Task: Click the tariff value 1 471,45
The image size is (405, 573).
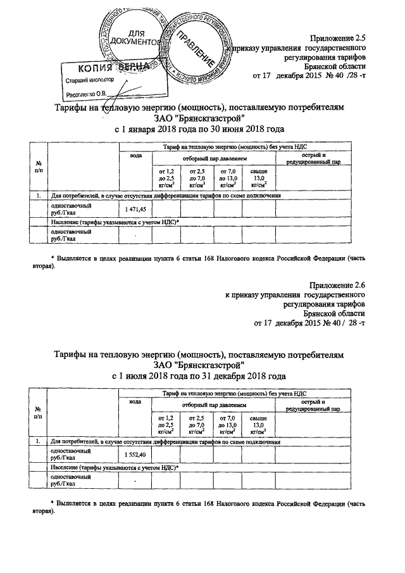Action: pos(135,209)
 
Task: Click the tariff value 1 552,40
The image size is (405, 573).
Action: pos(135,455)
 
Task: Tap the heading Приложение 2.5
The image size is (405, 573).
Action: pos(340,38)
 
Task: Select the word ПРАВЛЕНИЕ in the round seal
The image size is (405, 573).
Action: pos(197,47)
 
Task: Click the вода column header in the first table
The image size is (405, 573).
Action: pos(135,156)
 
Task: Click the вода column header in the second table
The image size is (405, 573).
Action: pos(135,402)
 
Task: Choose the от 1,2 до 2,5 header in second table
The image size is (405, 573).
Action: pos(165,424)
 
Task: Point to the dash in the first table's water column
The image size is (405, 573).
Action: pos(135,236)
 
